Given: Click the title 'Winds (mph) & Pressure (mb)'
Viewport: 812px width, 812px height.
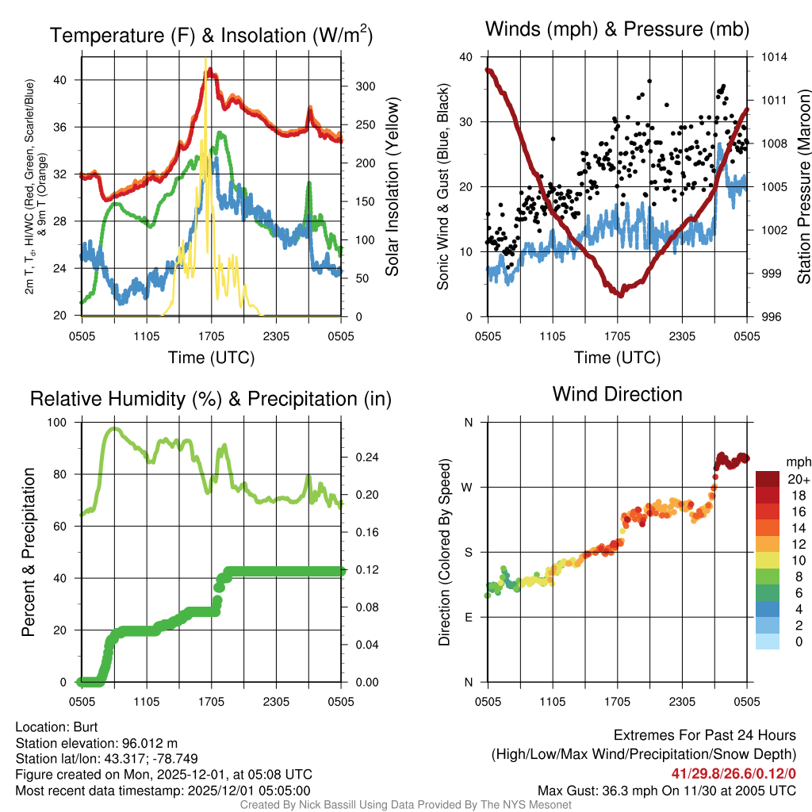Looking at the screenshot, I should [x=617, y=30].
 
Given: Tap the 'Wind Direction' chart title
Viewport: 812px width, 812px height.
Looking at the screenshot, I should [x=617, y=394].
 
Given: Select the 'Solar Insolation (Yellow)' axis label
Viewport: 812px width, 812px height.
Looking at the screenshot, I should [x=392, y=187].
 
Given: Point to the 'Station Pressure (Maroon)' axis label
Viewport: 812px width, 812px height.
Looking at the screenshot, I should [x=803, y=187].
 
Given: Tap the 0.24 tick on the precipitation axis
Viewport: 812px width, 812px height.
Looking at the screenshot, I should [x=362, y=457].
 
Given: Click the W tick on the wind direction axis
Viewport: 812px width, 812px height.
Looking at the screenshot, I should [x=468, y=487].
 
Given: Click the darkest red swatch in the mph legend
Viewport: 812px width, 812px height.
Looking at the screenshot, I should [x=769, y=479].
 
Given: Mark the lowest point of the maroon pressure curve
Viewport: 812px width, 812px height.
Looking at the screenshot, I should [x=621, y=294].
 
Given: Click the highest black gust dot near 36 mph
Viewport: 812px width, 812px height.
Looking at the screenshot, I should [x=649, y=81].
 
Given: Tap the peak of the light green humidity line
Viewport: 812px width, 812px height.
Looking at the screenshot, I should [x=113, y=429].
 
